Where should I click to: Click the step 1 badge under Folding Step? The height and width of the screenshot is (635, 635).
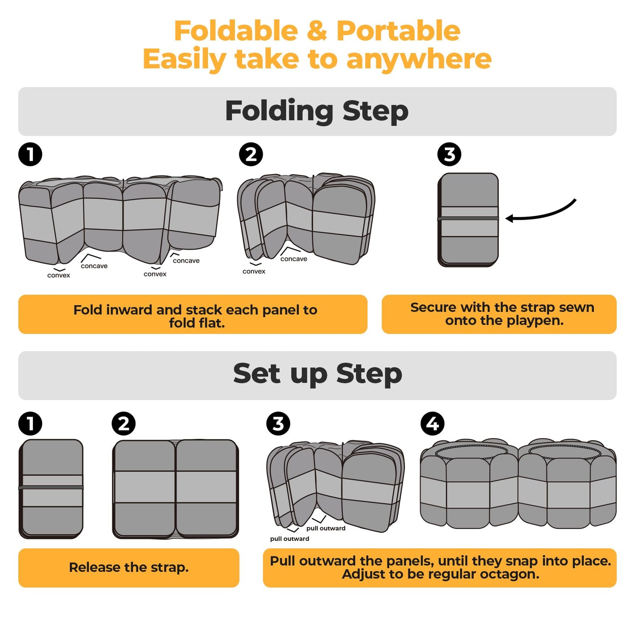pos(30,154)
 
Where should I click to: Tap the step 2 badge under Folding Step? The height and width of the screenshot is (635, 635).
pos(251,154)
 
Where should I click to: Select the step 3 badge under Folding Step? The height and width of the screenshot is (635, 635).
pos(449,154)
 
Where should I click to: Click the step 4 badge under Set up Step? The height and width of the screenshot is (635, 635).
pos(433,423)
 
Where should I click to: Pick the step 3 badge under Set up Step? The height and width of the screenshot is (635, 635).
pos(278,423)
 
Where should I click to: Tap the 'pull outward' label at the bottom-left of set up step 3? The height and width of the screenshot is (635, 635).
pos(290,539)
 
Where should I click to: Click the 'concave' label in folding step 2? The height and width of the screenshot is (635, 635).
pos(294,259)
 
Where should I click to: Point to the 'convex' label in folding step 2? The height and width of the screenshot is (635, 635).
pos(254,271)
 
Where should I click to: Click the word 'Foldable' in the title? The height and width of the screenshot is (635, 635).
pos(236,31)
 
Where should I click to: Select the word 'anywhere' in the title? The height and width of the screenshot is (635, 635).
pos(419,60)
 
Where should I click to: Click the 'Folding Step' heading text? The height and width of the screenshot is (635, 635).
pos(317,111)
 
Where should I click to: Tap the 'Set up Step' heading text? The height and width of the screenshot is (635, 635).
pos(317,373)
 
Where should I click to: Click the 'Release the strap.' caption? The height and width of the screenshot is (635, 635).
pos(129,568)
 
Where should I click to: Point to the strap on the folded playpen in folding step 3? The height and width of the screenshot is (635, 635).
pos(468,219)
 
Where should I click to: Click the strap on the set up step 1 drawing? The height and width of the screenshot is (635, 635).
pos(51,487)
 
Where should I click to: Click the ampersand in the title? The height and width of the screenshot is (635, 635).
pos(317,31)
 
